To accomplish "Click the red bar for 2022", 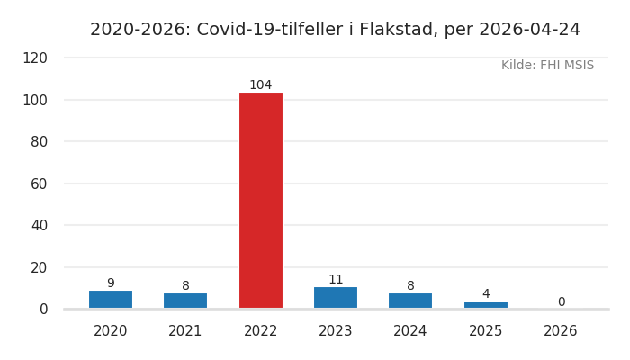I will (x=260, y=200).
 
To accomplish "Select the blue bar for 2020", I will (x=111, y=300).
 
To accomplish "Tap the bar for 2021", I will (x=185, y=301).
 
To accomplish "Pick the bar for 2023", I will (x=336, y=298).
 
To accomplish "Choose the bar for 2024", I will (x=410, y=301).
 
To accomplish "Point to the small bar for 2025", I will (x=486, y=304).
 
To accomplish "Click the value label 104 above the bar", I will (x=260, y=85).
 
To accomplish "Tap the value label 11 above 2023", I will (x=336, y=280).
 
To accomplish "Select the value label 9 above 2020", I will (x=111, y=283).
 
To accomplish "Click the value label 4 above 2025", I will (x=486, y=294).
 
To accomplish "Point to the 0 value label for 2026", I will (x=561, y=302).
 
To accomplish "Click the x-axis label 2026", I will (x=561, y=331).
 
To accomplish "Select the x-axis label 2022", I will (x=260, y=331).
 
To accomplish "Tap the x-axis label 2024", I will (x=410, y=331).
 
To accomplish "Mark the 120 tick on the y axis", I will (x=35, y=58).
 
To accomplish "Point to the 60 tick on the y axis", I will (x=40, y=184).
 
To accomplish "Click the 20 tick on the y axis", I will (x=40, y=267).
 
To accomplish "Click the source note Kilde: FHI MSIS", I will (x=547, y=66).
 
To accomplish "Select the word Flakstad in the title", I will (x=396, y=30).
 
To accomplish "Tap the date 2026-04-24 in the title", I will (x=529, y=30).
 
